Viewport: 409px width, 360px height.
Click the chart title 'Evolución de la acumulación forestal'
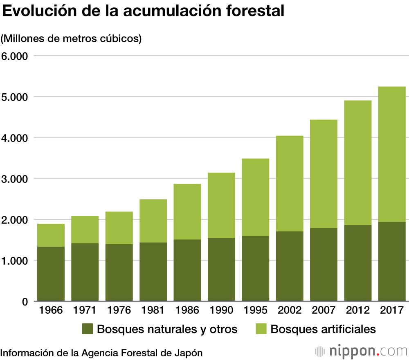(143, 11)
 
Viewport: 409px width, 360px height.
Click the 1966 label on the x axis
(51, 310)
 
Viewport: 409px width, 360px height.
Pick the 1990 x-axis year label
(221, 310)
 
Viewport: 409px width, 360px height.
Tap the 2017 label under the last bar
(391, 310)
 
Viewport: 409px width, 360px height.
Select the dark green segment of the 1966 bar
(51, 274)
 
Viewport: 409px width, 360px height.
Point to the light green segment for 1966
(51, 235)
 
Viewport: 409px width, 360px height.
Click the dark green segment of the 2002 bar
(290, 266)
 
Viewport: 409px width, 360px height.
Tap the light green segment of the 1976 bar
(119, 228)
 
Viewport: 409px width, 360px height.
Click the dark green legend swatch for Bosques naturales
(88, 329)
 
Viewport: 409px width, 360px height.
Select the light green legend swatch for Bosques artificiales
(261, 329)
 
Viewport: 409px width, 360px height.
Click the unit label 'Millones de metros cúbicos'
(71, 39)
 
